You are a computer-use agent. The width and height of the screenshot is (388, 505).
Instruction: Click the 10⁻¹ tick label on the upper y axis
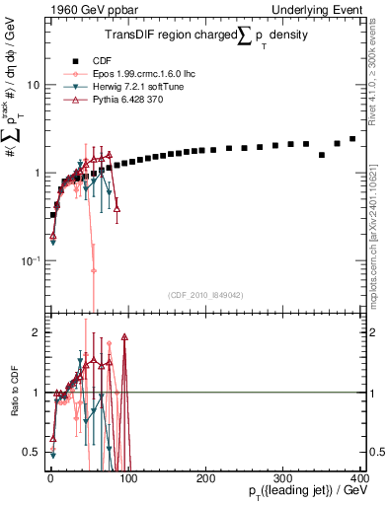click(32, 260)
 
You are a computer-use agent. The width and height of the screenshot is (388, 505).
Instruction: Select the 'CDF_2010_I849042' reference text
click(205, 295)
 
